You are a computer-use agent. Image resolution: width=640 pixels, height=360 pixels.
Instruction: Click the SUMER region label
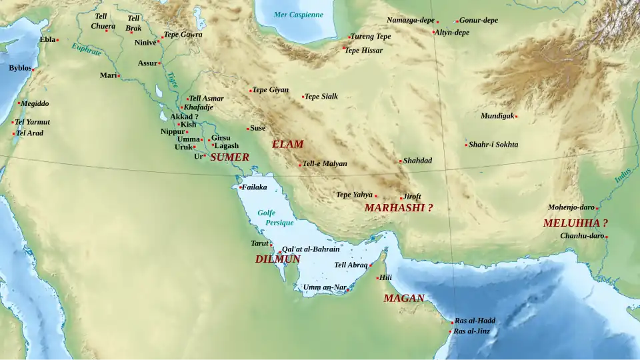[229, 157]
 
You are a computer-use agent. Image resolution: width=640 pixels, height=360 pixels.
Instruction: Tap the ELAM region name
[287, 144]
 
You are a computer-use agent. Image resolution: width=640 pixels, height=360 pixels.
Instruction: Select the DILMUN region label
[277, 259]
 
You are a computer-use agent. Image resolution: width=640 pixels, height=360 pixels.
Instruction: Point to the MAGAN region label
[404, 298]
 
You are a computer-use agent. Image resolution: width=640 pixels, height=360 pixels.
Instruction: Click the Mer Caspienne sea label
[298, 15]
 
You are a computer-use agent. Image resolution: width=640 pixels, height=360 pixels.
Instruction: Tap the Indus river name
[623, 174]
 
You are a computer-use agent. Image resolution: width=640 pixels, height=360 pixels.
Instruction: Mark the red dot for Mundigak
[516, 117]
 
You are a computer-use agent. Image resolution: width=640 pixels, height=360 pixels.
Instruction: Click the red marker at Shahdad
[401, 161]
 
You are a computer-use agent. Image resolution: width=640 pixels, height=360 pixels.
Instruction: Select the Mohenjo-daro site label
[571, 207]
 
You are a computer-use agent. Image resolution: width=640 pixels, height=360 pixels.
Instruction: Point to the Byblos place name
[20, 68]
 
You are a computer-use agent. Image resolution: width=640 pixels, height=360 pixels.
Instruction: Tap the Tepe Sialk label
[321, 97]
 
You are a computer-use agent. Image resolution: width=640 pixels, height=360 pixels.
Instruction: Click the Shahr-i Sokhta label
[493, 145]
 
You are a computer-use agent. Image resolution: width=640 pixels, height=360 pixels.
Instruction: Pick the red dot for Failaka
[240, 187]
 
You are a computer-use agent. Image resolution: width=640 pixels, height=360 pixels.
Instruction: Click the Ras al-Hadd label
[475, 321]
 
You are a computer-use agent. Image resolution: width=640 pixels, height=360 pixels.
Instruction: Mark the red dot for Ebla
[57, 40]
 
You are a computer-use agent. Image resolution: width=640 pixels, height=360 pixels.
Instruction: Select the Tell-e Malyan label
[325, 164]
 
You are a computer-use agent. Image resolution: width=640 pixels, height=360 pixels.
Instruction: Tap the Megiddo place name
[35, 103]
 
